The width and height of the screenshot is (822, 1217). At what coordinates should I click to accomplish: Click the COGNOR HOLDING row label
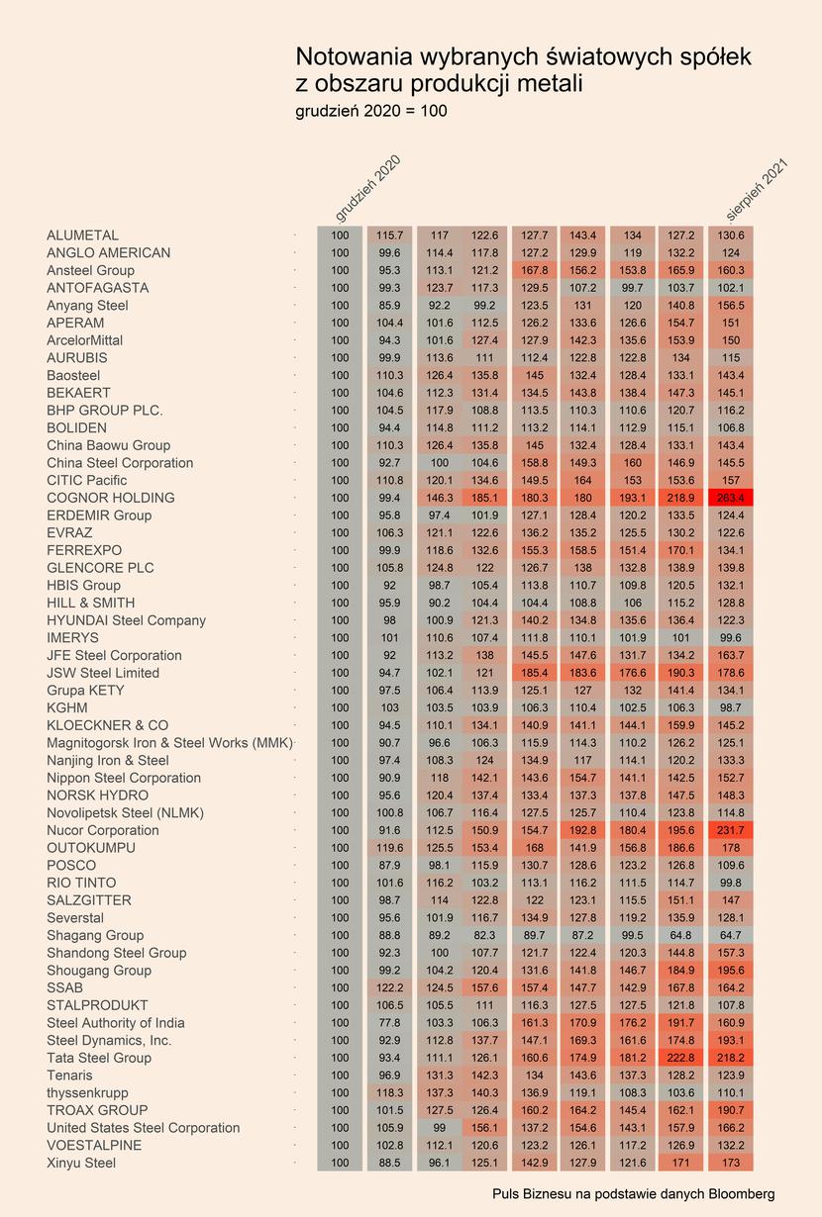click(110, 498)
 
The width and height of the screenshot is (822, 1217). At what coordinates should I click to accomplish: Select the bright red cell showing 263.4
click(731, 498)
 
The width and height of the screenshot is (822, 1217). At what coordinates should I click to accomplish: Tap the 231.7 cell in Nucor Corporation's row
click(731, 830)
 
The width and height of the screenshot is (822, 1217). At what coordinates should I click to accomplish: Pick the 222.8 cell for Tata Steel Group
click(680, 1058)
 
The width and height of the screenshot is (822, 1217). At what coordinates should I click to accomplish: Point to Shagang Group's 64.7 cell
click(731, 935)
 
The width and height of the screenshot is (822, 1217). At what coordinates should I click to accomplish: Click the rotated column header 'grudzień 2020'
click(368, 189)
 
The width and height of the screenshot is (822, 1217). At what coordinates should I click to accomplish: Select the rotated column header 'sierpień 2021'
click(757, 189)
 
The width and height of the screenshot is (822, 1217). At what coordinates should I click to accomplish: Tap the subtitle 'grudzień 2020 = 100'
click(371, 111)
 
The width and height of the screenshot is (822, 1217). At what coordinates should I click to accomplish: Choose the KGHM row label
click(67, 707)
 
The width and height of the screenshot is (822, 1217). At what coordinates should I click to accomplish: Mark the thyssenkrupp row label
click(87, 1092)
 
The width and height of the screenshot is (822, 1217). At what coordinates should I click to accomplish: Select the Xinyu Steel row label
click(81, 1163)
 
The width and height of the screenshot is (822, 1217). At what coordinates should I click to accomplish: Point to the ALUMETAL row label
click(82, 235)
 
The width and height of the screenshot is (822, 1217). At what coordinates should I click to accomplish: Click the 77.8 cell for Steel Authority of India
click(390, 1022)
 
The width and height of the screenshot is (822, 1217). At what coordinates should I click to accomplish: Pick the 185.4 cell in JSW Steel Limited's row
click(535, 673)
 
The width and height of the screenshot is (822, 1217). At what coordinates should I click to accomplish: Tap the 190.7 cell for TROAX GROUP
click(731, 1110)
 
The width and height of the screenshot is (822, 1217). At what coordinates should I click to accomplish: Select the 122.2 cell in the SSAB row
click(390, 987)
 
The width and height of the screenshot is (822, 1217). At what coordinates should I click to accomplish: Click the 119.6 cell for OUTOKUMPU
click(390, 848)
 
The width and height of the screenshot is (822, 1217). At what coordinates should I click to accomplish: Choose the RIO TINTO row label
click(81, 883)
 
